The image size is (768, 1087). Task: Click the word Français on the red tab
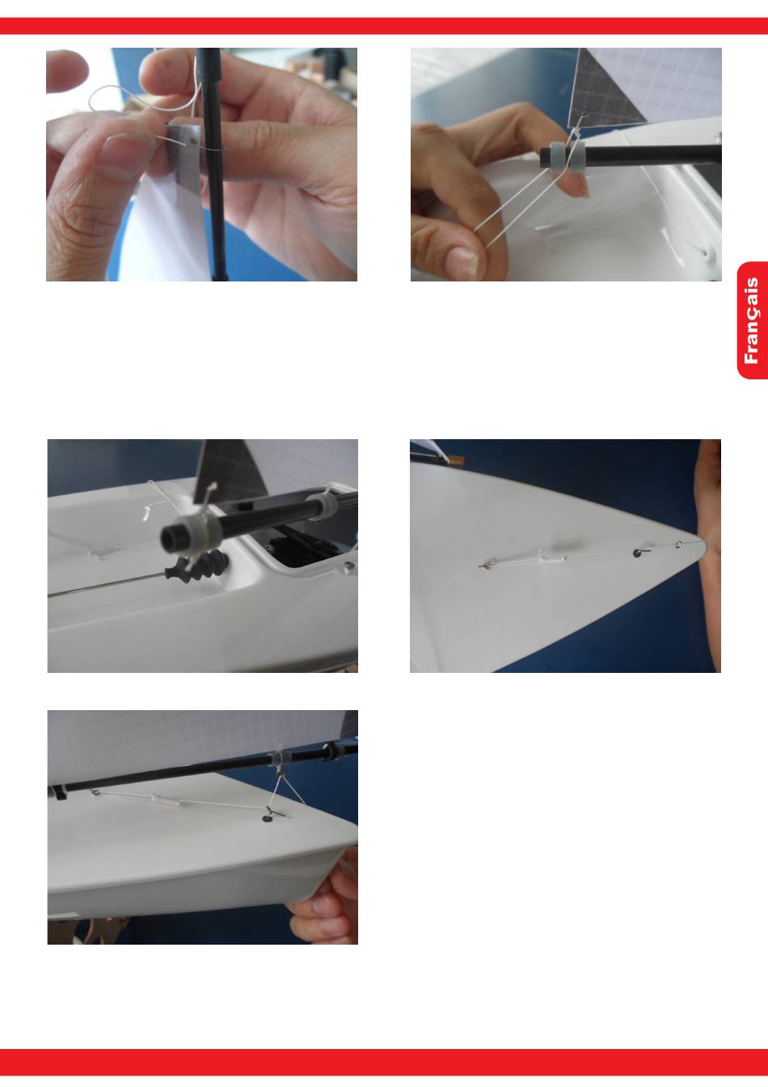point(751,320)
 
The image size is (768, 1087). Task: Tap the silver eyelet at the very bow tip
point(679,544)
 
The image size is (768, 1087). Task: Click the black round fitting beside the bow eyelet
point(638,552)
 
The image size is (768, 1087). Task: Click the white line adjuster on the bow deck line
point(552,558)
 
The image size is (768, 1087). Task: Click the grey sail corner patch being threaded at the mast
point(184,159)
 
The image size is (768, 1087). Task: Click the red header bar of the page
point(384,26)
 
